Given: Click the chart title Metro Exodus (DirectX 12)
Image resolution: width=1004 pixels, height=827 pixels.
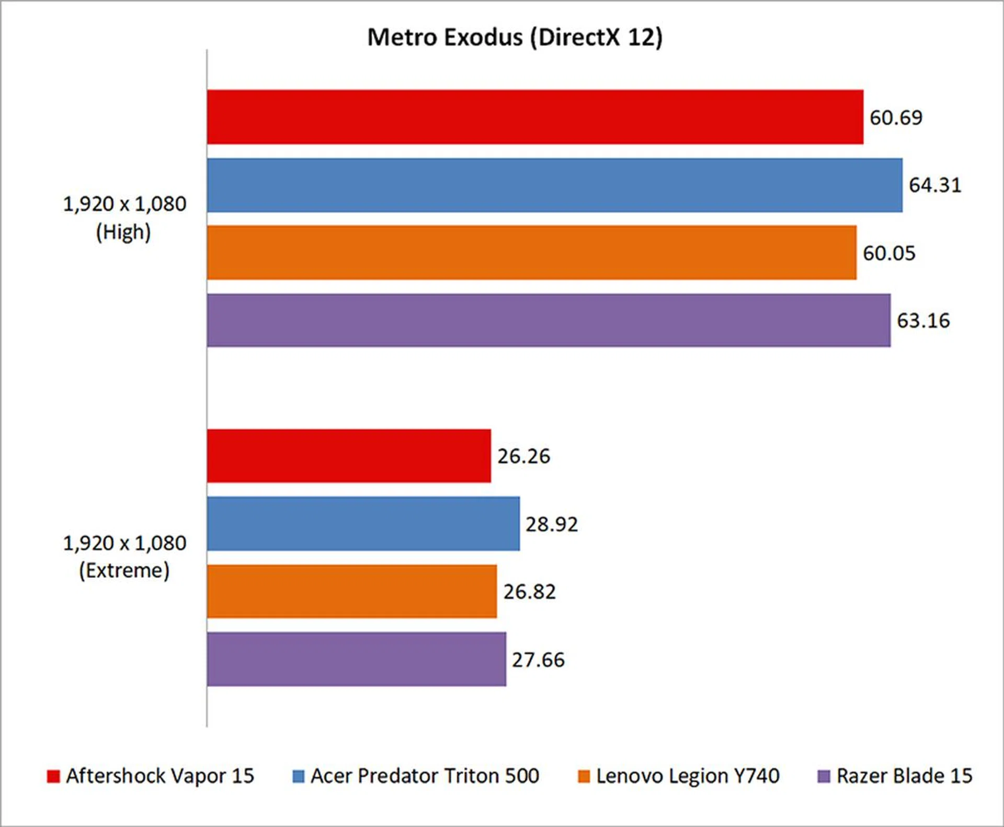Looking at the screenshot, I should point(515,38).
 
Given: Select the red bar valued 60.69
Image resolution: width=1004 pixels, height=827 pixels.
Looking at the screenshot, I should point(534,117).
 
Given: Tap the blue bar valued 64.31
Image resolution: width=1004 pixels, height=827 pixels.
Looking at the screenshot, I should point(554,185).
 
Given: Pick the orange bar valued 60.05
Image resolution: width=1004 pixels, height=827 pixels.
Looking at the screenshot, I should point(531,253).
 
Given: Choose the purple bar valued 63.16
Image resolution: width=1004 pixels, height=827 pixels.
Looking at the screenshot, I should point(548,320).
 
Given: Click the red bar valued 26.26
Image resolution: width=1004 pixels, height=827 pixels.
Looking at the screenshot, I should point(349,456).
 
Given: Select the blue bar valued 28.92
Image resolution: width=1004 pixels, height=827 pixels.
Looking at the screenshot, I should point(363,524).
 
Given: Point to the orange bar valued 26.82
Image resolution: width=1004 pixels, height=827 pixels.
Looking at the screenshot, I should point(351,591).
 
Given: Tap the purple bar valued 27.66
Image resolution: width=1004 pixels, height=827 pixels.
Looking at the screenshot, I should point(356,659).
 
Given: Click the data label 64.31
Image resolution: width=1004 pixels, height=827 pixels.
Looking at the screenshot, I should point(935,185).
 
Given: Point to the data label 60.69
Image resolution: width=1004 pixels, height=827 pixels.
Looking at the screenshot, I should point(896,118).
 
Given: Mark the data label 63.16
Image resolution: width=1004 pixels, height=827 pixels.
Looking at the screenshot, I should point(923,321).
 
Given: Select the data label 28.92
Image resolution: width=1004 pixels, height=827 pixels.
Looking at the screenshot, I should point(552,524).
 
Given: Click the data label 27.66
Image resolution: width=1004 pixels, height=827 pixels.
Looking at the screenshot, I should point(538,660).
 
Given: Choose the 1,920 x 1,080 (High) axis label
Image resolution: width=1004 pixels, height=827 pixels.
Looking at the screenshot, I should point(124,218).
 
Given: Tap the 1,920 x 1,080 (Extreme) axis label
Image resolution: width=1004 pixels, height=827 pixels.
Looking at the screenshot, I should point(124,557).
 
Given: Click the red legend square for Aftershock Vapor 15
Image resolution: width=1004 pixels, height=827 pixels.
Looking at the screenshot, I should point(53,776).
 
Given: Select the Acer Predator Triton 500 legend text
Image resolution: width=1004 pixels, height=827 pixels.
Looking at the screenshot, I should point(425,776).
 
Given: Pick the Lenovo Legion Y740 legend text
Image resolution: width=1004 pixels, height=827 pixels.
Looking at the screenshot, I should point(688,776).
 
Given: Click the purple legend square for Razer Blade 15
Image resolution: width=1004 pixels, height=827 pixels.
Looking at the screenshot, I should point(824,776).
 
